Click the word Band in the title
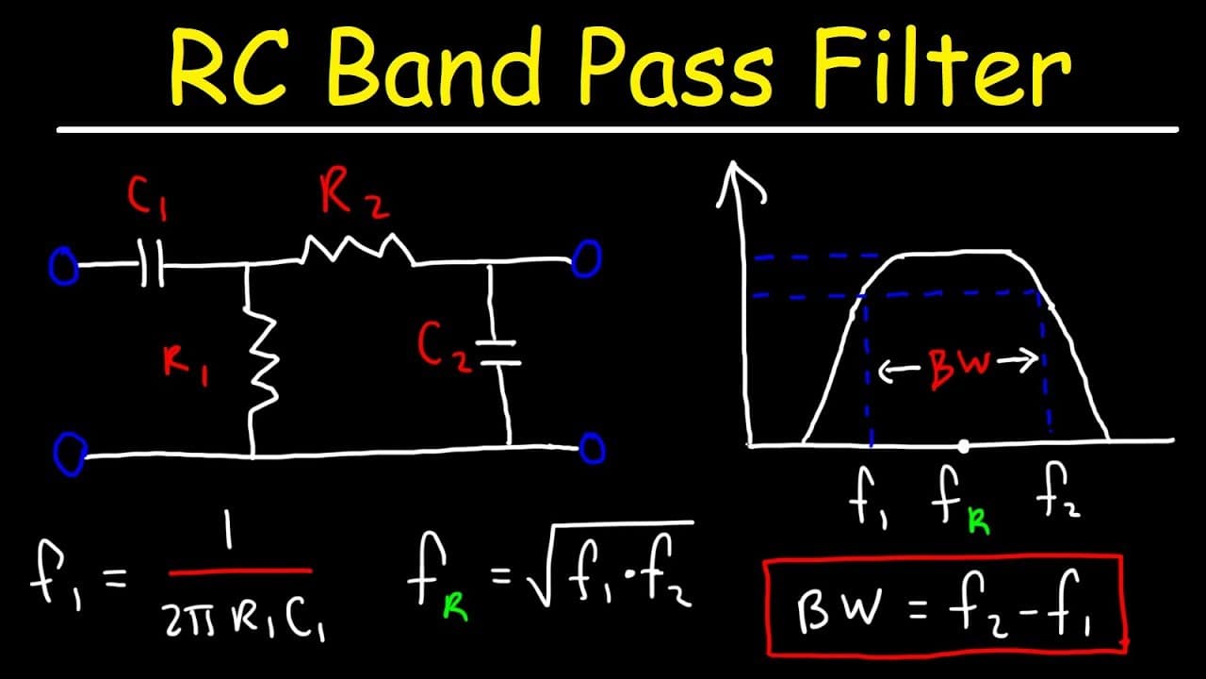[x=435, y=68]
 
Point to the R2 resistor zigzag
[x=357, y=249]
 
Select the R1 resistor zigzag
[x=263, y=360]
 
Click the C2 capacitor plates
[x=498, y=353]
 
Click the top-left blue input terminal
[x=63, y=265]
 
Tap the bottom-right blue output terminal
[x=593, y=448]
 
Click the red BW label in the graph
[x=960, y=368]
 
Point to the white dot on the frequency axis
[x=964, y=446]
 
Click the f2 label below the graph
[x=1057, y=491]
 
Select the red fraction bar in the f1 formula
[x=240, y=571]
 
